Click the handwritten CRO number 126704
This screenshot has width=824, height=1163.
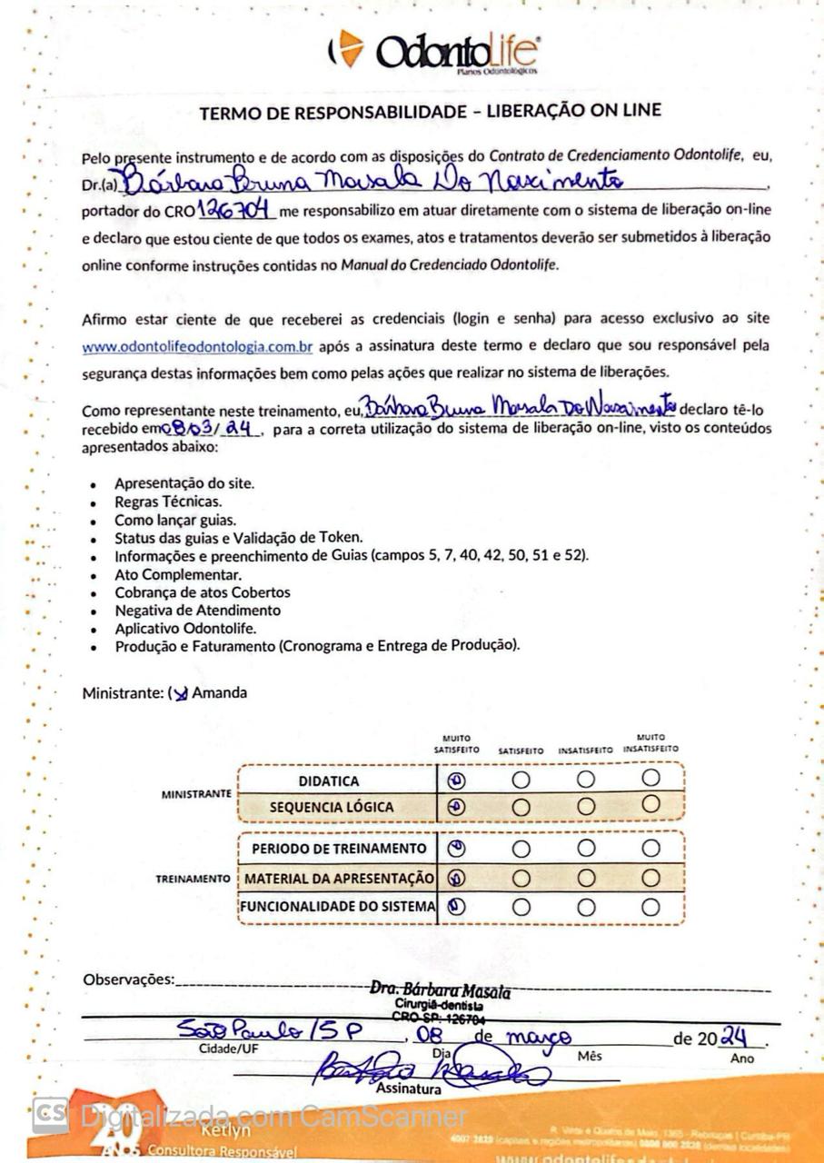(x=236, y=211)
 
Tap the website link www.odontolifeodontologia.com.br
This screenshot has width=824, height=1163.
(x=197, y=346)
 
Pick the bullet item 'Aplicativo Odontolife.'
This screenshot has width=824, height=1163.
(x=184, y=628)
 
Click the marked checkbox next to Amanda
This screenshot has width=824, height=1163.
(x=180, y=693)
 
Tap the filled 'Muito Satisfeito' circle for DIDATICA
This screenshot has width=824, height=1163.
(x=457, y=780)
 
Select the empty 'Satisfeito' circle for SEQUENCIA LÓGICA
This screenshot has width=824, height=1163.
(x=521, y=806)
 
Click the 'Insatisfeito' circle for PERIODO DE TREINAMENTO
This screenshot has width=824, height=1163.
(x=586, y=849)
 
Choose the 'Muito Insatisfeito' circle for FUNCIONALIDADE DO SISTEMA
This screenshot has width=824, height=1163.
(x=650, y=906)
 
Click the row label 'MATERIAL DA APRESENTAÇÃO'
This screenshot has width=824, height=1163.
(x=339, y=879)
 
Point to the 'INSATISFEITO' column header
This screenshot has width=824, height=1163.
(x=585, y=751)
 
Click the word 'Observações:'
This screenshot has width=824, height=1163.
(x=127, y=979)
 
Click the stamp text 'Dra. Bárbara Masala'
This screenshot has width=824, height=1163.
(x=440, y=991)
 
